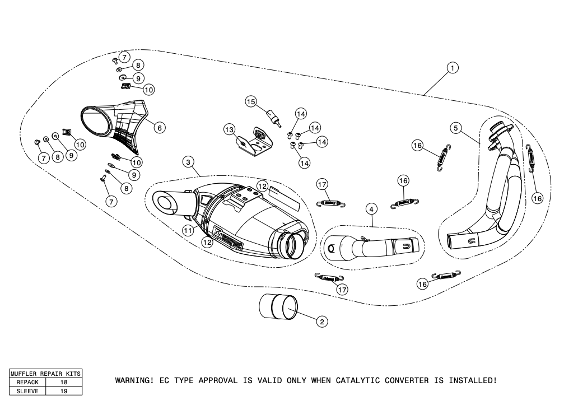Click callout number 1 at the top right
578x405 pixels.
pos(453,68)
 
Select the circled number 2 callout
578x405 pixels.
pos(321,321)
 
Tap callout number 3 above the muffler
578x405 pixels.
pos(189,162)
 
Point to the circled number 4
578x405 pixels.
pos(371,208)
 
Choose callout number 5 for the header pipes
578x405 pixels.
pos(456,128)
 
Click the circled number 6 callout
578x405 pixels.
pos(159,128)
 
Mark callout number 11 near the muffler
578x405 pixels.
pos(189,230)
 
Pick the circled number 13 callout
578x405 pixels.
pos(229,129)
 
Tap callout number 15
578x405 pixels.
pos(250,101)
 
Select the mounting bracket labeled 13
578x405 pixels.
pos(254,143)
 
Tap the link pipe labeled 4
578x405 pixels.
pos(370,246)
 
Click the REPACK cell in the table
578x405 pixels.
pos(26,382)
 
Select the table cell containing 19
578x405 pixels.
pos(63,391)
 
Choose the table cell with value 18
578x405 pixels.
pos(63,382)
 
